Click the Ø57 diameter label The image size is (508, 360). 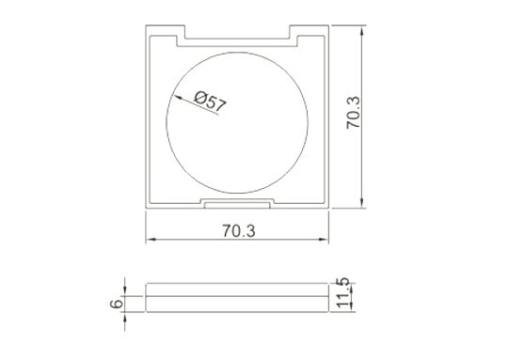click(210, 102)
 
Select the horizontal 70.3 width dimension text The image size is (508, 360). click(239, 230)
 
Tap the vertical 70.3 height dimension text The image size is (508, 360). click(353, 113)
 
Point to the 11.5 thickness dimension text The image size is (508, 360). click(343, 292)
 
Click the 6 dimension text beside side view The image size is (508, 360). click(117, 304)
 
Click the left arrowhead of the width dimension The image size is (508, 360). click(151, 240)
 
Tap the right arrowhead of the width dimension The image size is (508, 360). click(324, 240)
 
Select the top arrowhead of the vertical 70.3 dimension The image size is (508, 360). click(362, 30)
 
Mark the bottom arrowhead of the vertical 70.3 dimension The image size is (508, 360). click(362, 203)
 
